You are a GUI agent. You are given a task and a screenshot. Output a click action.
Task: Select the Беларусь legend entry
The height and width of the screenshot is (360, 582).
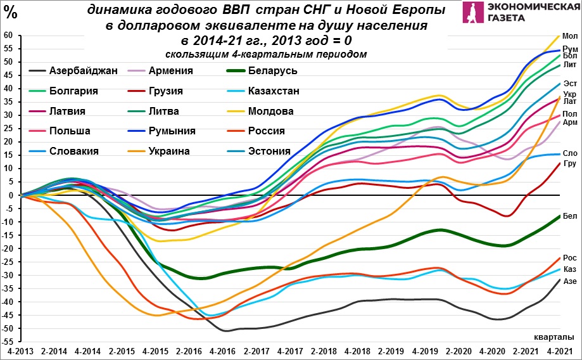273,70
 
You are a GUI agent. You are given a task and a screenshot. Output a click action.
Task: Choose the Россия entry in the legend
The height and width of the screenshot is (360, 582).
267,131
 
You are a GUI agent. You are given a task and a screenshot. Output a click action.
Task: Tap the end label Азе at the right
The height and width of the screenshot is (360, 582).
570,281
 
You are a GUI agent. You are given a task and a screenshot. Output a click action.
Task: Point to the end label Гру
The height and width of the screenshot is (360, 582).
570,164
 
